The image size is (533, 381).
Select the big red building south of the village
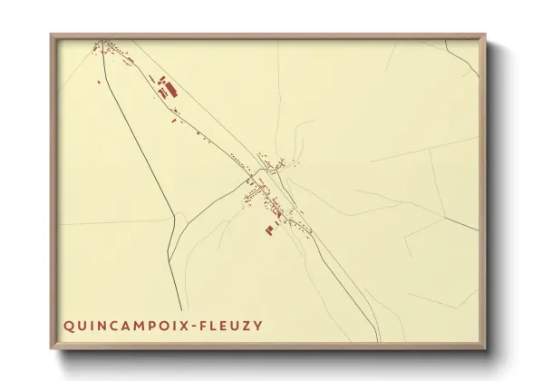click(x=268, y=230)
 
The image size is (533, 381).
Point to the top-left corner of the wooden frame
click(x=52, y=35)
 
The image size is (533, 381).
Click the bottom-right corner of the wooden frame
click(x=485, y=350)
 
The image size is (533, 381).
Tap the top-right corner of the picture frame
click(x=485, y=35)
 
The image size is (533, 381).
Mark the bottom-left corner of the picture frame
click(x=52, y=350)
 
